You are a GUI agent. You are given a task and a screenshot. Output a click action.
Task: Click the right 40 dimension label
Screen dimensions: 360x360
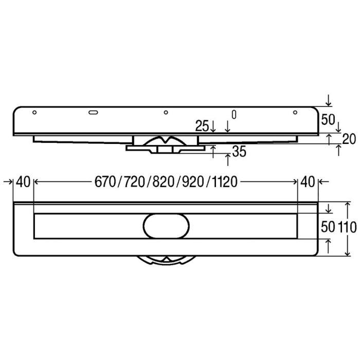308,182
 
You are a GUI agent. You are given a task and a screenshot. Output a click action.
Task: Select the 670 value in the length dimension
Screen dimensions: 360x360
105,182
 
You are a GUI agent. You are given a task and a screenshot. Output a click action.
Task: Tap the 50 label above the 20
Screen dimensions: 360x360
328,120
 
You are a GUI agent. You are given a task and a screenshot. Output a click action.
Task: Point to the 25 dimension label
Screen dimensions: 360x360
202,126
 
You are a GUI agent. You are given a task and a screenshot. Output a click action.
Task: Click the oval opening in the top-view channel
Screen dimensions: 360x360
165,226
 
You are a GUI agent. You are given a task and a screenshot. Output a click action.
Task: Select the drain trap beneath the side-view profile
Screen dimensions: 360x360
165,143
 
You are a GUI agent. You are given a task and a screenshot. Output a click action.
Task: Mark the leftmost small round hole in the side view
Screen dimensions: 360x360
34,112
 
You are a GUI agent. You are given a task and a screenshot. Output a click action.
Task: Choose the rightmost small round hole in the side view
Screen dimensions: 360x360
295,112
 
